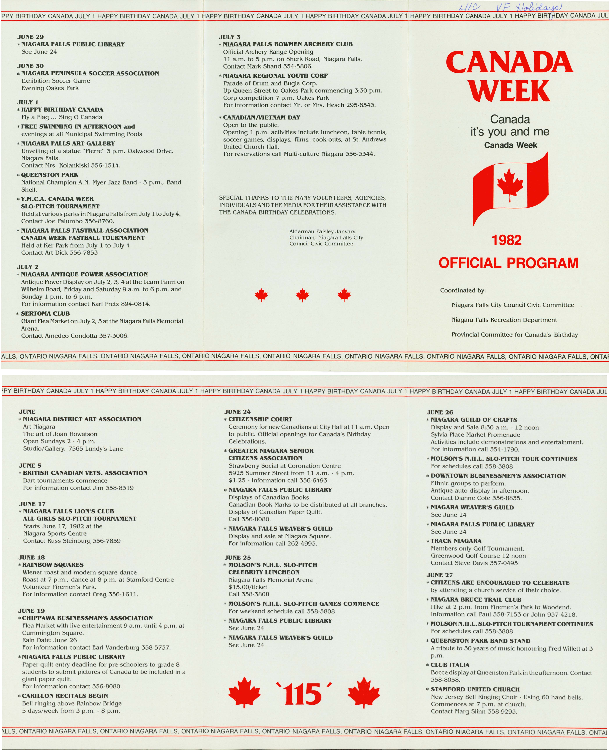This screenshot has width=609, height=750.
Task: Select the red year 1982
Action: point(507,240)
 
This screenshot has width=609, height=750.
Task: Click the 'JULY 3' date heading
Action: point(230,37)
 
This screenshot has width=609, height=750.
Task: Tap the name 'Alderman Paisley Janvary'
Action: point(322,231)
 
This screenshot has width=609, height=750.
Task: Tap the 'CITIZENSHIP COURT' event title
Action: point(260,419)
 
